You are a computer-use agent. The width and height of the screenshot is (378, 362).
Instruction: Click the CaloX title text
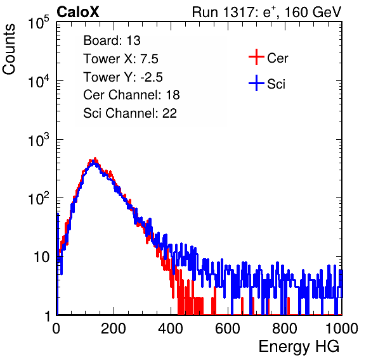tap(77, 12)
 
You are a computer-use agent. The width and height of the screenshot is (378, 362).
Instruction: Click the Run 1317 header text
tap(266, 12)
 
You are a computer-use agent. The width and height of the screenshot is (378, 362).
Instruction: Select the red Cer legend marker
tap(256, 57)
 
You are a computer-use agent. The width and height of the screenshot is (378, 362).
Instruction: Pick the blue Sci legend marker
tap(256, 83)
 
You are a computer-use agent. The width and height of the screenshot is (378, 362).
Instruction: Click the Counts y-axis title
tap(9, 49)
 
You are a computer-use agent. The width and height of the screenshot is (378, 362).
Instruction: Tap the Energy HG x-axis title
tap(299, 346)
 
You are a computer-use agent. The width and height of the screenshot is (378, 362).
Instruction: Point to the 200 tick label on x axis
tap(114, 328)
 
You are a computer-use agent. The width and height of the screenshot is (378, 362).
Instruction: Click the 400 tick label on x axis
tap(171, 328)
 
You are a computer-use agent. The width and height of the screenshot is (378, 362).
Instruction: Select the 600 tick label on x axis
tap(228, 328)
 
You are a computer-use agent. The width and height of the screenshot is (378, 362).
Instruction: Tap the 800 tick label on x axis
tap(285, 328)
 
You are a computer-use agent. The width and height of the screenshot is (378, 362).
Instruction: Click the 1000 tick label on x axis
tap(342, 328)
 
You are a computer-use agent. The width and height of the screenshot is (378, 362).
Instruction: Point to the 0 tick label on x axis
tap(56, 328)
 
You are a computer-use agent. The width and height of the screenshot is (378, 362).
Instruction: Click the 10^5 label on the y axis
tap(39, 22)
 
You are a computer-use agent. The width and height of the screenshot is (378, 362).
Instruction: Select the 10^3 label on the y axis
tap(39, 140)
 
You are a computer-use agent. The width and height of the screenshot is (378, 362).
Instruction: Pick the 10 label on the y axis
tap(41, 257)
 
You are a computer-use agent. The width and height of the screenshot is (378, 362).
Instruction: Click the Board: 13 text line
tap(112, 41)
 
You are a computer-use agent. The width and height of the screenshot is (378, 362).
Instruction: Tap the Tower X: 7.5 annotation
tap(121, 59)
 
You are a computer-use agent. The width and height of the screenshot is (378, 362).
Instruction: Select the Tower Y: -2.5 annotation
tap(123, 77)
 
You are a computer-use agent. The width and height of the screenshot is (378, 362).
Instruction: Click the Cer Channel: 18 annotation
tap(131, 95)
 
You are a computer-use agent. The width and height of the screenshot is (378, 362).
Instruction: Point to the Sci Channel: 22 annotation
tap(130, 113)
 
